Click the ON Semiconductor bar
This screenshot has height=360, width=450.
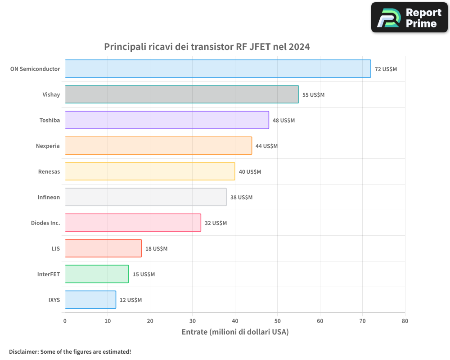pos(218,69)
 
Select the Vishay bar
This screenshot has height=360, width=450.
pos(182,94)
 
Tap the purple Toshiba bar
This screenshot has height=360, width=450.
pos(167,120)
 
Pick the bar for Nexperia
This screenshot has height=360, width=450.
pos(158,146)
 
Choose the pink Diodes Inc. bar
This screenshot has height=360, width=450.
pos(133,223)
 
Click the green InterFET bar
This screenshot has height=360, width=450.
pos(97,274)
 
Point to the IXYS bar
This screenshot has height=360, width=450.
pos(90,300)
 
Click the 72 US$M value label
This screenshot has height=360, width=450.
pos(386,69)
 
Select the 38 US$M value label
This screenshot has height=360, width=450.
pos(241,198)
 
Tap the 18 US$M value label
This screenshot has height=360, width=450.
pos(156,249)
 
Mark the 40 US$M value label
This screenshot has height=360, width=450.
pos(250,172)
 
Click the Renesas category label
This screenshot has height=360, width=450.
pos(49,171)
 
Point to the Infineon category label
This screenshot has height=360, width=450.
pos(49,197)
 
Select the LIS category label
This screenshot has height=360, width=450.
pos(56,248)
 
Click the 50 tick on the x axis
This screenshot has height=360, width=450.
pos(278,321)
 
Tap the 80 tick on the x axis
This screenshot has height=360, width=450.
pos(405,321)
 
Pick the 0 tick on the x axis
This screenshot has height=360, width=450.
pos(65,321)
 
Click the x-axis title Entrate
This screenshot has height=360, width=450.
pos(235,332)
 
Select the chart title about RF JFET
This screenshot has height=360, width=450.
pos(207,47)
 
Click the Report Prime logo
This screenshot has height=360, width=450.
pos(409,18)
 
